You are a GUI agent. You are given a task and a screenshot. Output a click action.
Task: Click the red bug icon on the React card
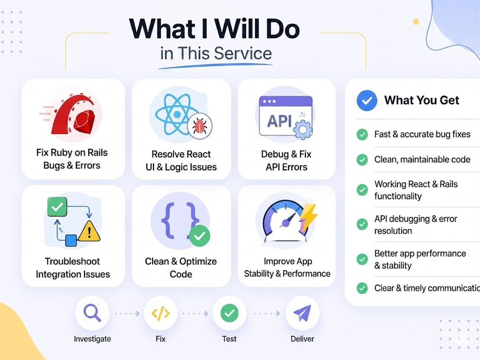tap(200, 126)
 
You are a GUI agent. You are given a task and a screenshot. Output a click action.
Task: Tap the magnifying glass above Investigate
tap(92, 312)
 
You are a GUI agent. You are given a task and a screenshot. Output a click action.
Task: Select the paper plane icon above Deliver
tap(302, 313)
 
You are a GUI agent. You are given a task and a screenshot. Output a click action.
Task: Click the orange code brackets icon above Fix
tap(161, 313)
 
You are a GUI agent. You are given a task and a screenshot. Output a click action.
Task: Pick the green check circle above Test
tap(229, 313)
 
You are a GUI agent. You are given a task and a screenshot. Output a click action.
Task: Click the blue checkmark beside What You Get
tap(367, 100)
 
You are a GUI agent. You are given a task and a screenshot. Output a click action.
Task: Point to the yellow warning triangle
tap(89, 231)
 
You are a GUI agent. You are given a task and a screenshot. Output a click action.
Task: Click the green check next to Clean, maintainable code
tap(362, 159)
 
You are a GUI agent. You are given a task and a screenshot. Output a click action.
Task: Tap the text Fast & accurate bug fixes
tap(422, 134)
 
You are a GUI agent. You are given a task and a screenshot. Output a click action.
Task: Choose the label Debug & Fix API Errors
tap(286, 160)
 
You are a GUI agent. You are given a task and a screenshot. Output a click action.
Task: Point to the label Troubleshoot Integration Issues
tap(73, 267)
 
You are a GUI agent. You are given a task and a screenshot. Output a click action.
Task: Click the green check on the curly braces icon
tap(200, 236)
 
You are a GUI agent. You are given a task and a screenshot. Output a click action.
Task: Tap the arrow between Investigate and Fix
tap(127, 313)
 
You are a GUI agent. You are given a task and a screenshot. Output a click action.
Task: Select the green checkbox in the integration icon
tap(57, 207)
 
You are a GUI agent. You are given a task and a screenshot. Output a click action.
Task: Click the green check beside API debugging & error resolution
tap(362, 224)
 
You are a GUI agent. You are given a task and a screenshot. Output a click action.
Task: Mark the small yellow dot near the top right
tap(416, 22)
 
